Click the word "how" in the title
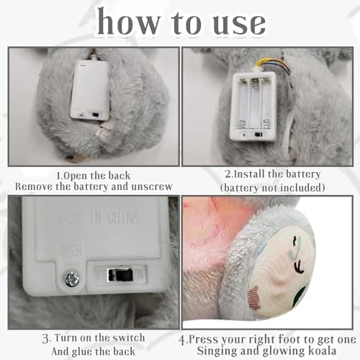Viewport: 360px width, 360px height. (x=129, y=21)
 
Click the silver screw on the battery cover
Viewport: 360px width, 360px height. (x=72, y=279)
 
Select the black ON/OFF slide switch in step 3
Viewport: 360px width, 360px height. (x=120, y=275)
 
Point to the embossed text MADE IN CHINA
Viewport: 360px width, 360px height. (x=97, y=218)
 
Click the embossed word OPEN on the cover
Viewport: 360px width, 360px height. (x=71, y=251)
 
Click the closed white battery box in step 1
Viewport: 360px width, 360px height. (x=90, y=91)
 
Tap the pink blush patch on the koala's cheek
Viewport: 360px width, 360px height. (x=255, y=294)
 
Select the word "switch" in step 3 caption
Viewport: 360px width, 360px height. (x=129, y=338)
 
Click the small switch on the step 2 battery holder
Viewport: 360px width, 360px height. (x=258, y=135)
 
